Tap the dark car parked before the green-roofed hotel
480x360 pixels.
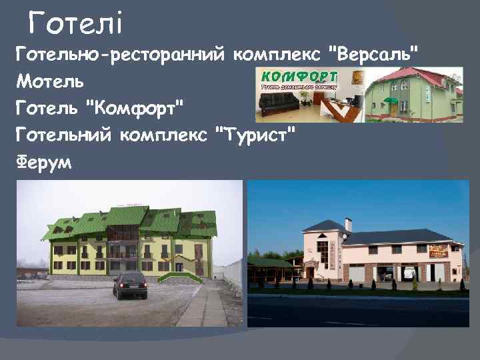[129, 285]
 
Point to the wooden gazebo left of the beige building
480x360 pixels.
[270, 270]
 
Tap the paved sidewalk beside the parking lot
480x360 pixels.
[203, 307]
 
